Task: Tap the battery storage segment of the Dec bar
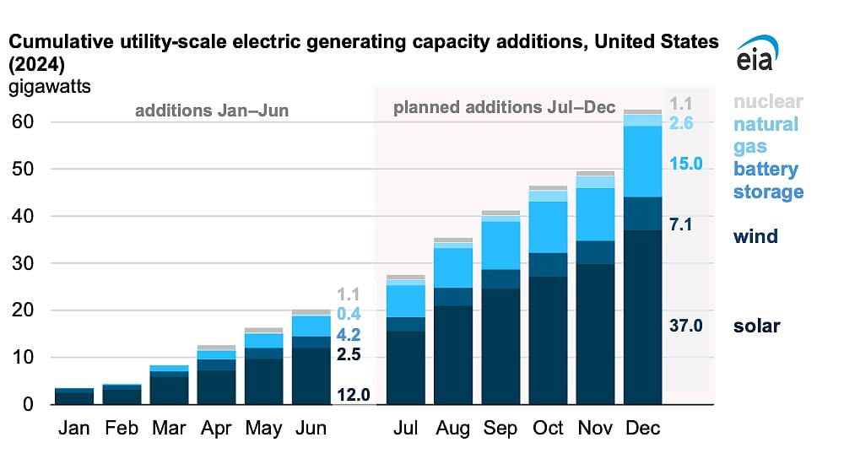coord(643,161)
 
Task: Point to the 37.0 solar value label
coord(686,325)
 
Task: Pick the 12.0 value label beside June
coord(354,394)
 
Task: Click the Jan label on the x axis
coord(74,429)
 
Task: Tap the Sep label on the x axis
coord(500,429)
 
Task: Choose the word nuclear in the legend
coord(767,102)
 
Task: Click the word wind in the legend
coord(755,236)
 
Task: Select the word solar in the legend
coord(756,326)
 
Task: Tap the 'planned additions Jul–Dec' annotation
coord(505,108)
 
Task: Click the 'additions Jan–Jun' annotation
coord(212,111)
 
